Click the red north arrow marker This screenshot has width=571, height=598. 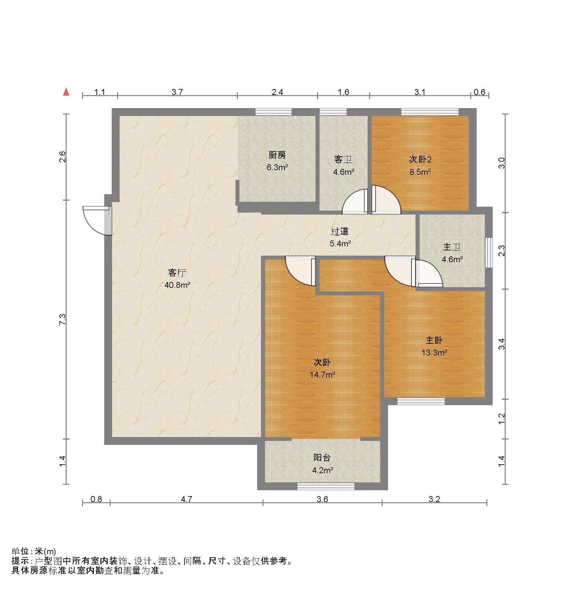[x=66, y=92]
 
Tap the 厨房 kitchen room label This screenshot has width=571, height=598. [x=277, y=155]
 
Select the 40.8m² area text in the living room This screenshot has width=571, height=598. [x=177, y=285]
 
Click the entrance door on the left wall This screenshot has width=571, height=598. [x=97, y=220]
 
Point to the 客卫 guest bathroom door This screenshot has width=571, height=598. [x=355, y=201]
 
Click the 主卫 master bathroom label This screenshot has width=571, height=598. [x=452, y=247]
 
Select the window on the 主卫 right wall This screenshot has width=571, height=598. [x=489, y=252]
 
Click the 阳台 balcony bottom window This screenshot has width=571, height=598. [x=326, y=486]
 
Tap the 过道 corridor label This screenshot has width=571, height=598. [x=340, y=231]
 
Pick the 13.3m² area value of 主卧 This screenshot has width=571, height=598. [x=434, y=353]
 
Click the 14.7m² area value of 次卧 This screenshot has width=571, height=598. [x=322, y=374]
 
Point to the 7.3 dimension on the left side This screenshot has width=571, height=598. [x=62, y=319]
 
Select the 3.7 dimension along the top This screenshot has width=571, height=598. [x=177, y=92]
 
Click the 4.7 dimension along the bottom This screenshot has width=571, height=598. [x=186, y=499]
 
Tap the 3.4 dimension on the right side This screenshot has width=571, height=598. [x=501, y=344]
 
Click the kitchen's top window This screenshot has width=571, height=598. [x=273, y=112]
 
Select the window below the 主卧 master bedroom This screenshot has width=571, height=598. [x=421, y=401]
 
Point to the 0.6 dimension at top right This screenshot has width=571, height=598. [x=479, y=92]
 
